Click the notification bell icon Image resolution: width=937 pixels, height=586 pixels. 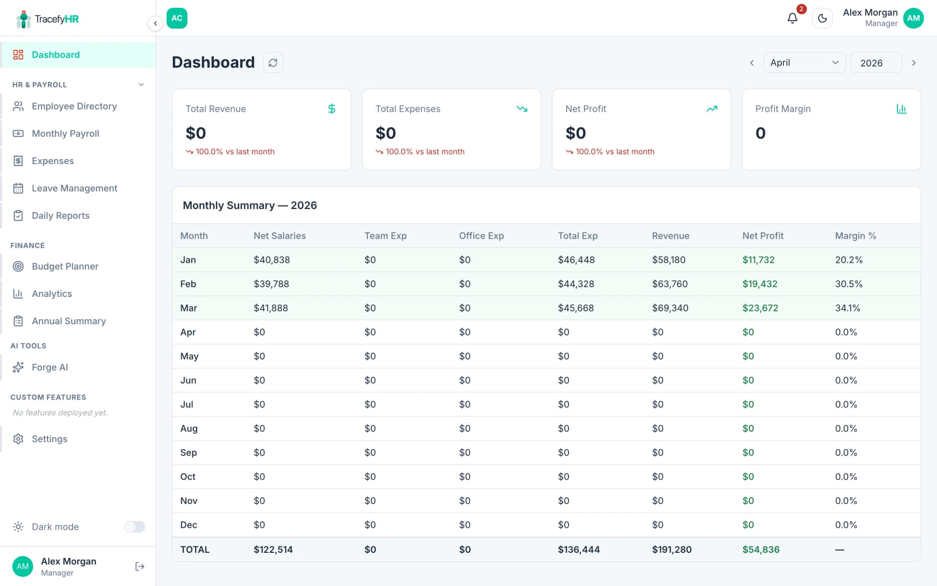click(792, 19)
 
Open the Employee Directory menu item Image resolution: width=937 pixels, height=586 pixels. click(74, 106)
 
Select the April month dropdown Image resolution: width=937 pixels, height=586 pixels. click(804, 63)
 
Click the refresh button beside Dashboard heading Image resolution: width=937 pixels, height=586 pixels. click(273, 63)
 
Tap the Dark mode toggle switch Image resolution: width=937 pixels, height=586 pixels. click(134, 526)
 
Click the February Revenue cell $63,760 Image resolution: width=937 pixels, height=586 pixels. click(670, 284)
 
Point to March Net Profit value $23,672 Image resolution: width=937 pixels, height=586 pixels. click(760, 308)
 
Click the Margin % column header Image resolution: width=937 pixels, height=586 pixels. click(855, 236)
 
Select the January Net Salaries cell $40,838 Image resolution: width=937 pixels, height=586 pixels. click(271, 260)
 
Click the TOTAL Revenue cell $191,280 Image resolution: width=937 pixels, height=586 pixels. click(672, 549)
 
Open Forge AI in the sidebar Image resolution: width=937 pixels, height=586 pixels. click(49, 367)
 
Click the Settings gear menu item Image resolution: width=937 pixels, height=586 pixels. click(49, 439)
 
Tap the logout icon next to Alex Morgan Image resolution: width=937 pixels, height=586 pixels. click(140, 566)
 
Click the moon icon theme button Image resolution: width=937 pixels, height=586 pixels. click(822, 19)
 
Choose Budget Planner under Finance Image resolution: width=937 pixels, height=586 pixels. click(65, 266)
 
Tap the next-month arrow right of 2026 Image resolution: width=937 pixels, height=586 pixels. click(914, 63)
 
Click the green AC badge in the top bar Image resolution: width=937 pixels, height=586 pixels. click(177, 18)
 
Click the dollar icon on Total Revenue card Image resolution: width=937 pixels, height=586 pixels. click(331, 109)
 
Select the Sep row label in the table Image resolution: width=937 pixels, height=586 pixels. click(188, 452)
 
